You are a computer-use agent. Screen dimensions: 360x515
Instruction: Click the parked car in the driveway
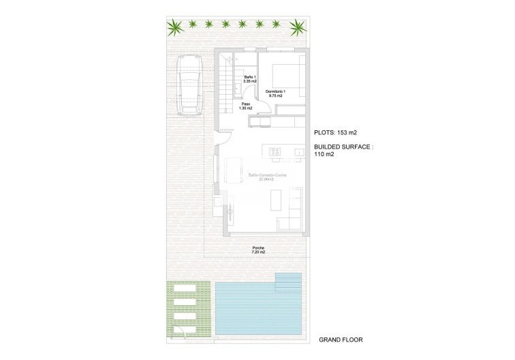pos(188,84)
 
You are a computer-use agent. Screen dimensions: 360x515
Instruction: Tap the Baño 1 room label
pos(249,79)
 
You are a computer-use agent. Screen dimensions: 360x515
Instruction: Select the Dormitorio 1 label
pos(276,93)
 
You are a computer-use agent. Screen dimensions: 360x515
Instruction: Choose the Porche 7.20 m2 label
pos(258,250)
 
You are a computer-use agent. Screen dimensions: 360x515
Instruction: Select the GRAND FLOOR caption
pos(341,340)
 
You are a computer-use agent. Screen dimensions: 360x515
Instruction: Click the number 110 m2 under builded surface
pos(324,155)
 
